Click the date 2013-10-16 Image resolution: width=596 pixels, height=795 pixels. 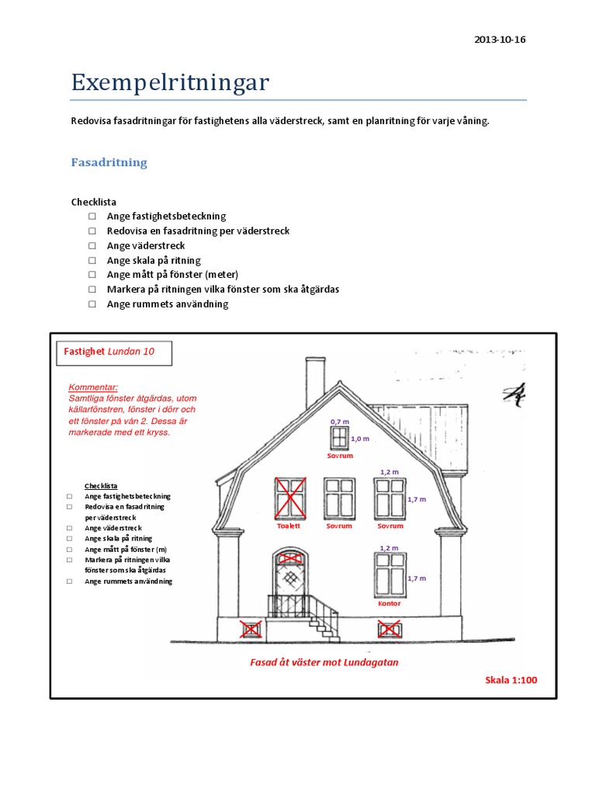point(499,40)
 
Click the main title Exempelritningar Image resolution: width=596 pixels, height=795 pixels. point(170,82)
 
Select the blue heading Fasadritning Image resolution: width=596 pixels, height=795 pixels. point(109,163)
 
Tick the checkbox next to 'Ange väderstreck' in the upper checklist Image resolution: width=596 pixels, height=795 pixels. point(92,246)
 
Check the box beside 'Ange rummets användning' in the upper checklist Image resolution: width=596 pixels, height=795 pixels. point(92,304)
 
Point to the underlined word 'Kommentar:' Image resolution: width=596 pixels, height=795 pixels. point(93,387)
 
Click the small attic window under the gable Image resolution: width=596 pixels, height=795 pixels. point(339,437)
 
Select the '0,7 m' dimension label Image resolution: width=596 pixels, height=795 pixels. point(339,421)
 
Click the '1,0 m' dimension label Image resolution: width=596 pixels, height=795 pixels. point(360,439)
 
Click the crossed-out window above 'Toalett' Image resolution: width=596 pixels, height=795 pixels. point(290,498)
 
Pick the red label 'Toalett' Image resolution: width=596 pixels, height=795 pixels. point(289,526)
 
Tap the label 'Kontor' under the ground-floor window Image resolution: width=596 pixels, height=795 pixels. point(389,603)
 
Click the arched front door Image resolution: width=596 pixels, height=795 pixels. point(289,579)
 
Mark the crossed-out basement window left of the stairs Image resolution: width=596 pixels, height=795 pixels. point(251,629)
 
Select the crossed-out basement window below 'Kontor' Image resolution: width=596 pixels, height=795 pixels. point(389,628)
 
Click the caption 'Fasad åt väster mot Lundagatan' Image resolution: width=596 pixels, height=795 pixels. point(324,662)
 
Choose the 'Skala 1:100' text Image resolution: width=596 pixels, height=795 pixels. point(511,680)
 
